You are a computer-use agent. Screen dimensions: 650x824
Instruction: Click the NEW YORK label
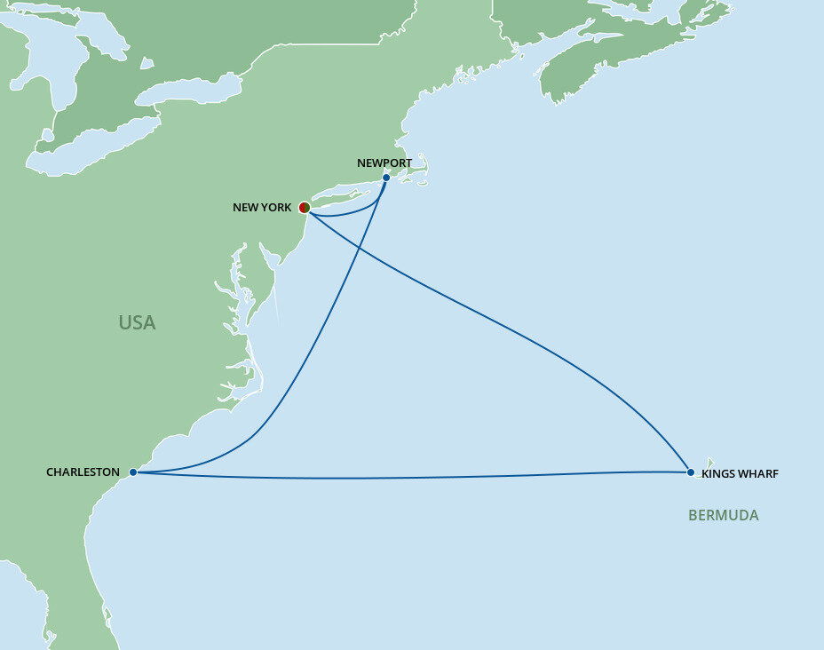[261, 208]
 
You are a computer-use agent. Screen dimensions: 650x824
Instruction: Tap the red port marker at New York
[304, 208]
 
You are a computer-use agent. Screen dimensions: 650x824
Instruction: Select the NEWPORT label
[384, 163]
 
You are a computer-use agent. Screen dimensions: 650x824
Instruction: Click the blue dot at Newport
[386, 178]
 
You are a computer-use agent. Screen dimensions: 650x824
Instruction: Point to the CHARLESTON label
[83, 472]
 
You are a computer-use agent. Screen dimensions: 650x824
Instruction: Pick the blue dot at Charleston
[132, 472]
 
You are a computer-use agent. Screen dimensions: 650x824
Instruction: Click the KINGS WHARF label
[740, 474]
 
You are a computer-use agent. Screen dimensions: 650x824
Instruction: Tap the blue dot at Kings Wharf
[691, 472]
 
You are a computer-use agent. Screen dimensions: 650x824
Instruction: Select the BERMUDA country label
[723, 515]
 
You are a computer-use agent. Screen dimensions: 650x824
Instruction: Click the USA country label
[137, 323]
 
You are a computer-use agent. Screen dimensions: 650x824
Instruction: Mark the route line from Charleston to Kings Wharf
[400, 479]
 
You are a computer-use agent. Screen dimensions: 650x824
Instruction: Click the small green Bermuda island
[710, 462]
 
